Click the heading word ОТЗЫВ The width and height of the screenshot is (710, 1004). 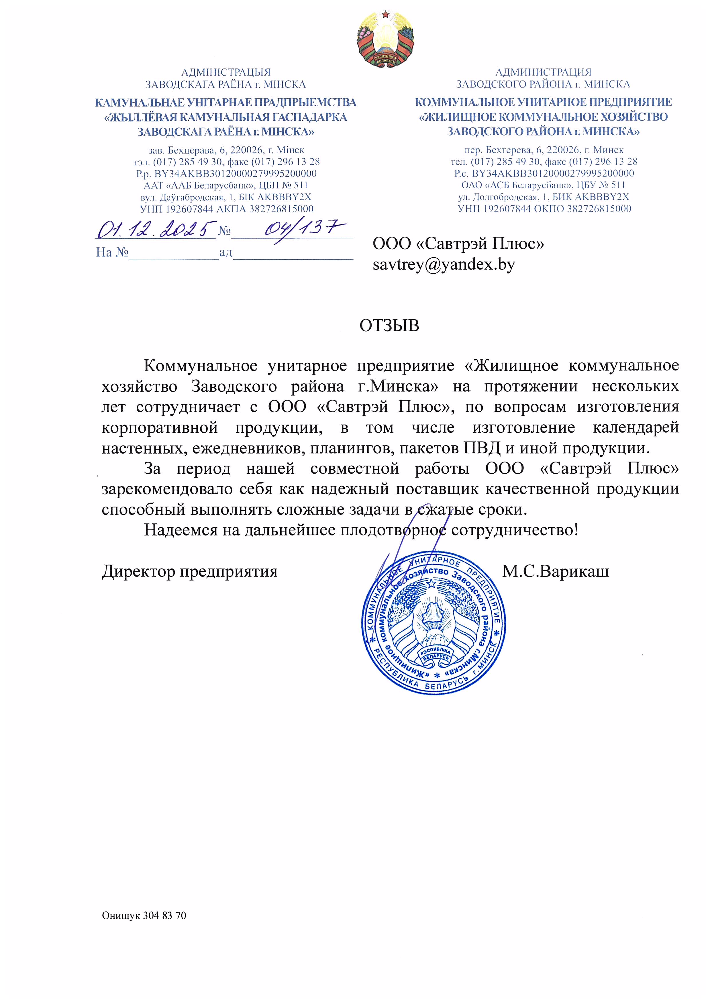tap(389, 326)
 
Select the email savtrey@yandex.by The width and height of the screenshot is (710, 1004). tap(444, 264)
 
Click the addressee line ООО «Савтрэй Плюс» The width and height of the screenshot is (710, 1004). tap(458, 244)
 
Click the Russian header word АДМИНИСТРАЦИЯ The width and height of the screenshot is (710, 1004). tap(543, 72)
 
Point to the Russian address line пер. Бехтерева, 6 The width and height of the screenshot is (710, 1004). tap(544, 150)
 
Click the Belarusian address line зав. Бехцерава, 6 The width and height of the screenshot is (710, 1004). tap(226, 150)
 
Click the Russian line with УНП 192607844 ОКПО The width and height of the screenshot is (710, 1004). tap(544, 209)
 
